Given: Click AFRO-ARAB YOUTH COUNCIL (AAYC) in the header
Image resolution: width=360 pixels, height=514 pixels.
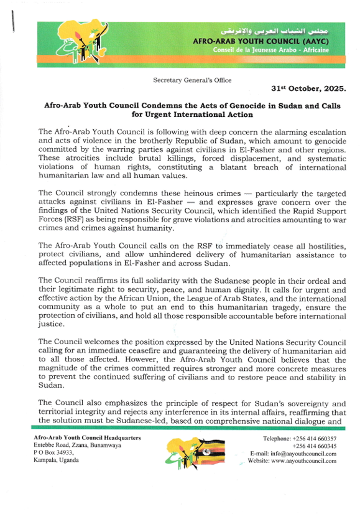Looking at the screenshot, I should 270,40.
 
